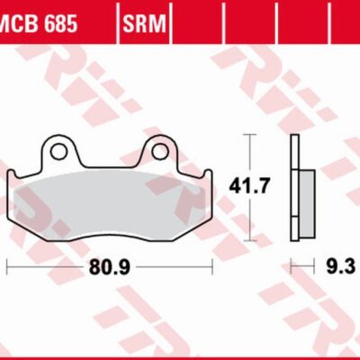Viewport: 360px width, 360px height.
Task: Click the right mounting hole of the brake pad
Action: tap(161, 148)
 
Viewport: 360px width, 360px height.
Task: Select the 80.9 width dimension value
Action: tap(109, 267)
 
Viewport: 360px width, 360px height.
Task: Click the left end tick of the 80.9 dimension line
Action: tap(6, 266)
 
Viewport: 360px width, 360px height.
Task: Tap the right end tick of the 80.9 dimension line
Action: tap(211, 266)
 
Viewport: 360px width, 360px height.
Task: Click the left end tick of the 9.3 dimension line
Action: tap(291, 266)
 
